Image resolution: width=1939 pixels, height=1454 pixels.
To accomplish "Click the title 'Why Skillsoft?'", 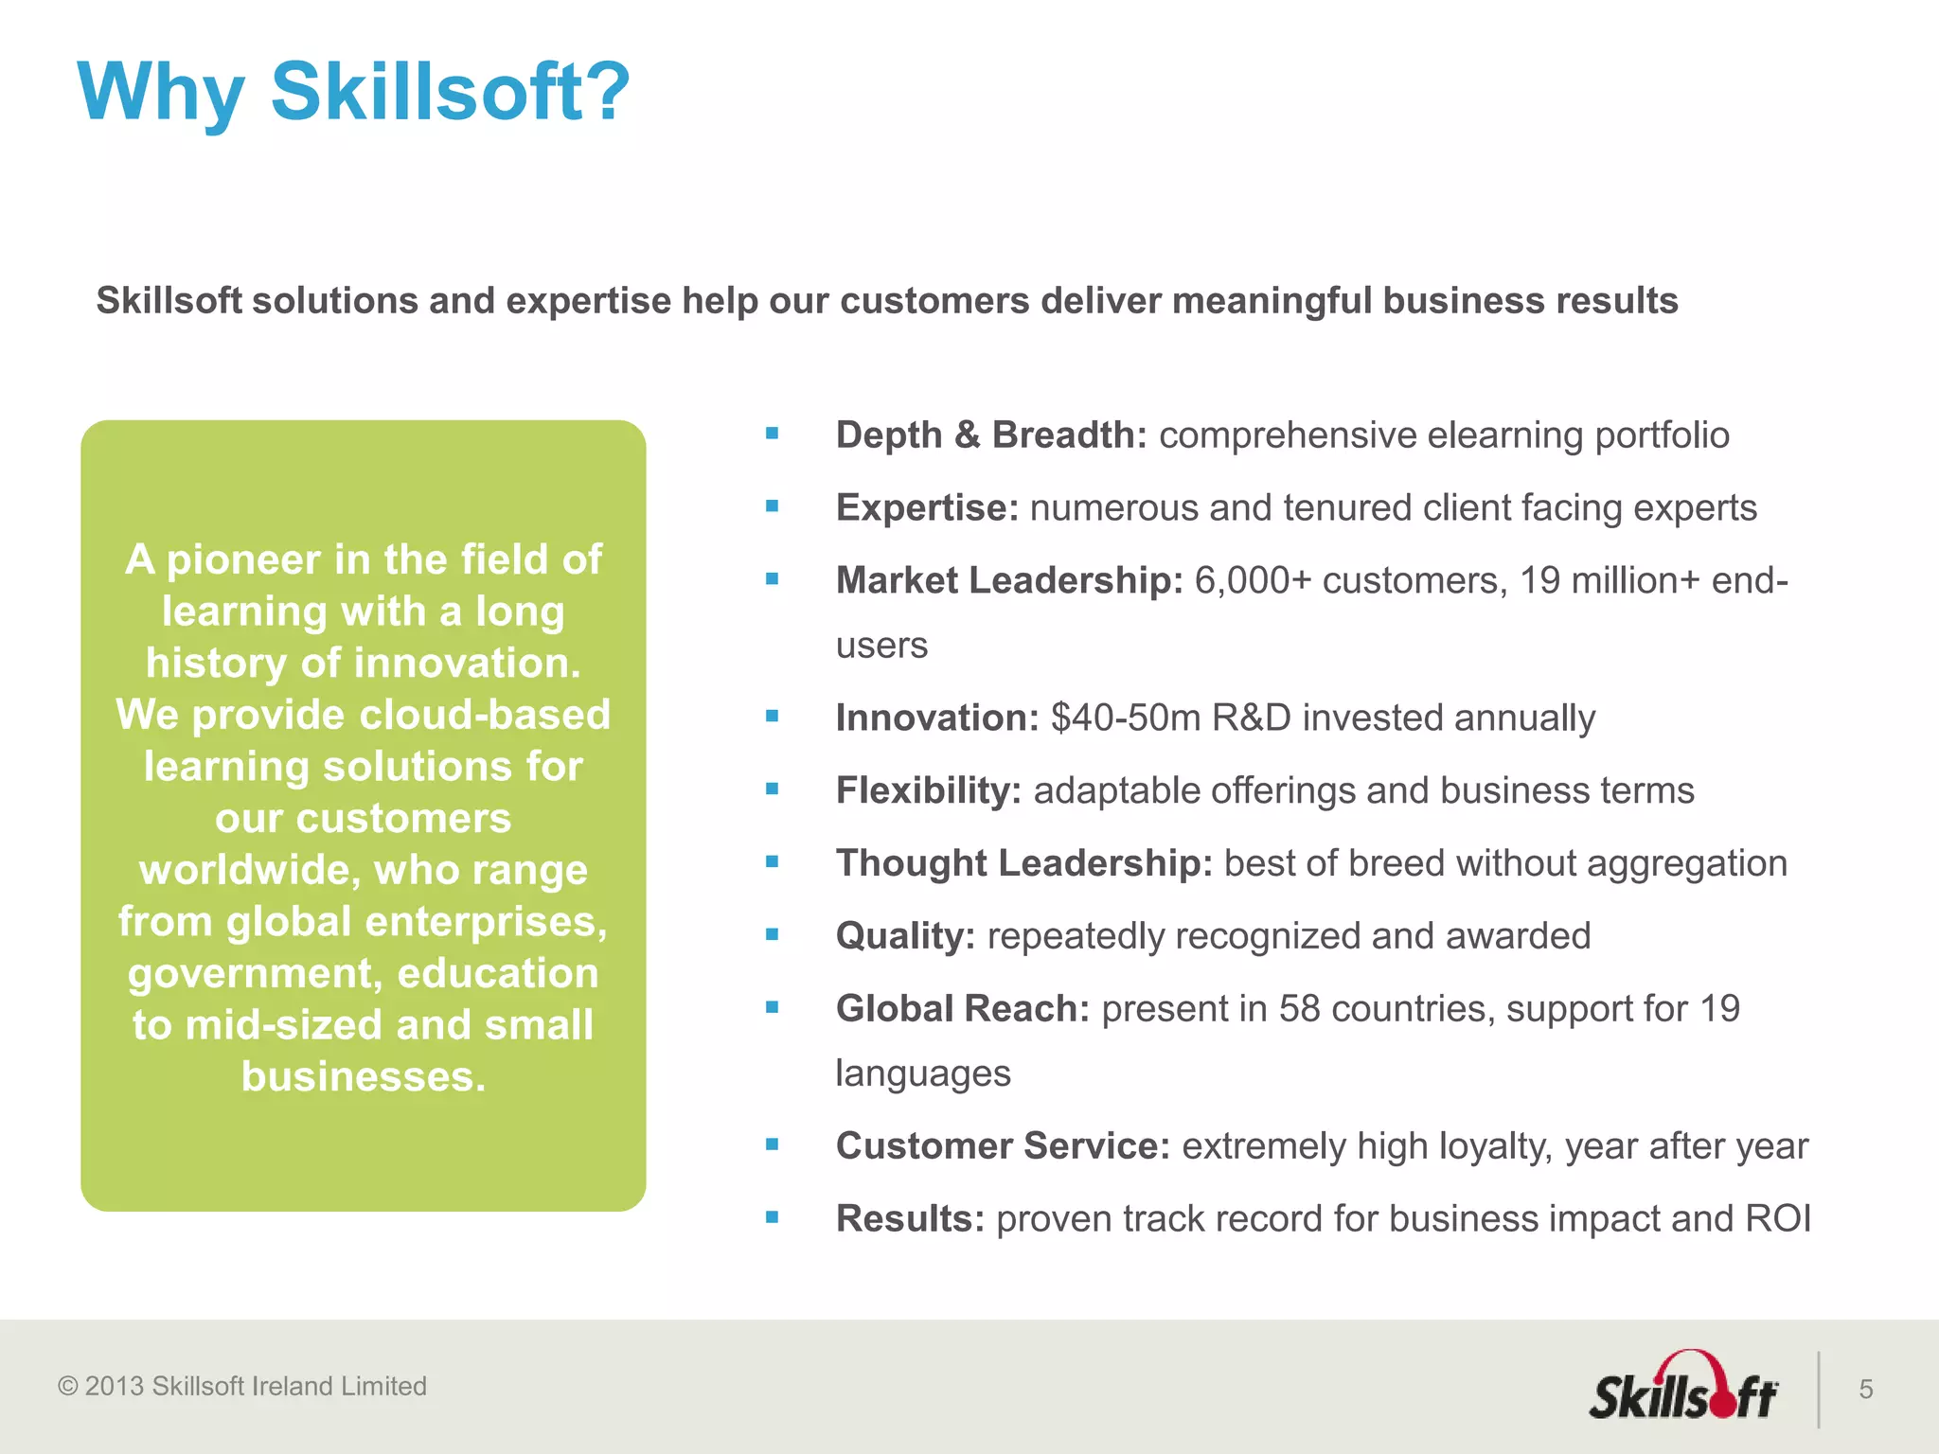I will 352,93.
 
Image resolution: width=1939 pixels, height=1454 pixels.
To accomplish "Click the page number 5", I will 1866,1390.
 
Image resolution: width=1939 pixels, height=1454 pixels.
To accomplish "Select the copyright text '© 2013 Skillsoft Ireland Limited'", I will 242,1386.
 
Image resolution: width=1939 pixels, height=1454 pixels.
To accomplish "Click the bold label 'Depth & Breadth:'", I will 990,435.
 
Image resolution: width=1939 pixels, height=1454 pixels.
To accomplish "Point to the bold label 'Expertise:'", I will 926,508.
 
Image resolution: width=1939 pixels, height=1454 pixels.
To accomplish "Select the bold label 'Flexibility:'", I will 928,791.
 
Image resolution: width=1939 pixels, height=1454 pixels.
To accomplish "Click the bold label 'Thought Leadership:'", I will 1023,863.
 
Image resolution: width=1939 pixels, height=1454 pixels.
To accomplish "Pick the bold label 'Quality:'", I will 904,936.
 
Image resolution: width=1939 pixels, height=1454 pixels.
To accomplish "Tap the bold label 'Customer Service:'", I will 1003,1146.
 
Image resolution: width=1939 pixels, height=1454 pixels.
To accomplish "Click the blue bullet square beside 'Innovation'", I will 773,717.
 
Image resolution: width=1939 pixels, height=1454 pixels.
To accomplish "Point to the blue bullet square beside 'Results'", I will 773,1217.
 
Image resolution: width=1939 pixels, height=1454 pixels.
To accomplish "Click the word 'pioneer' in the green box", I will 243,560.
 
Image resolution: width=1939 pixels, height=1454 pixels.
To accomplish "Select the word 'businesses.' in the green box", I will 364,1077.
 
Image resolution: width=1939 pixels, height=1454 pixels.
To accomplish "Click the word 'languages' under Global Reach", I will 923,1074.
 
